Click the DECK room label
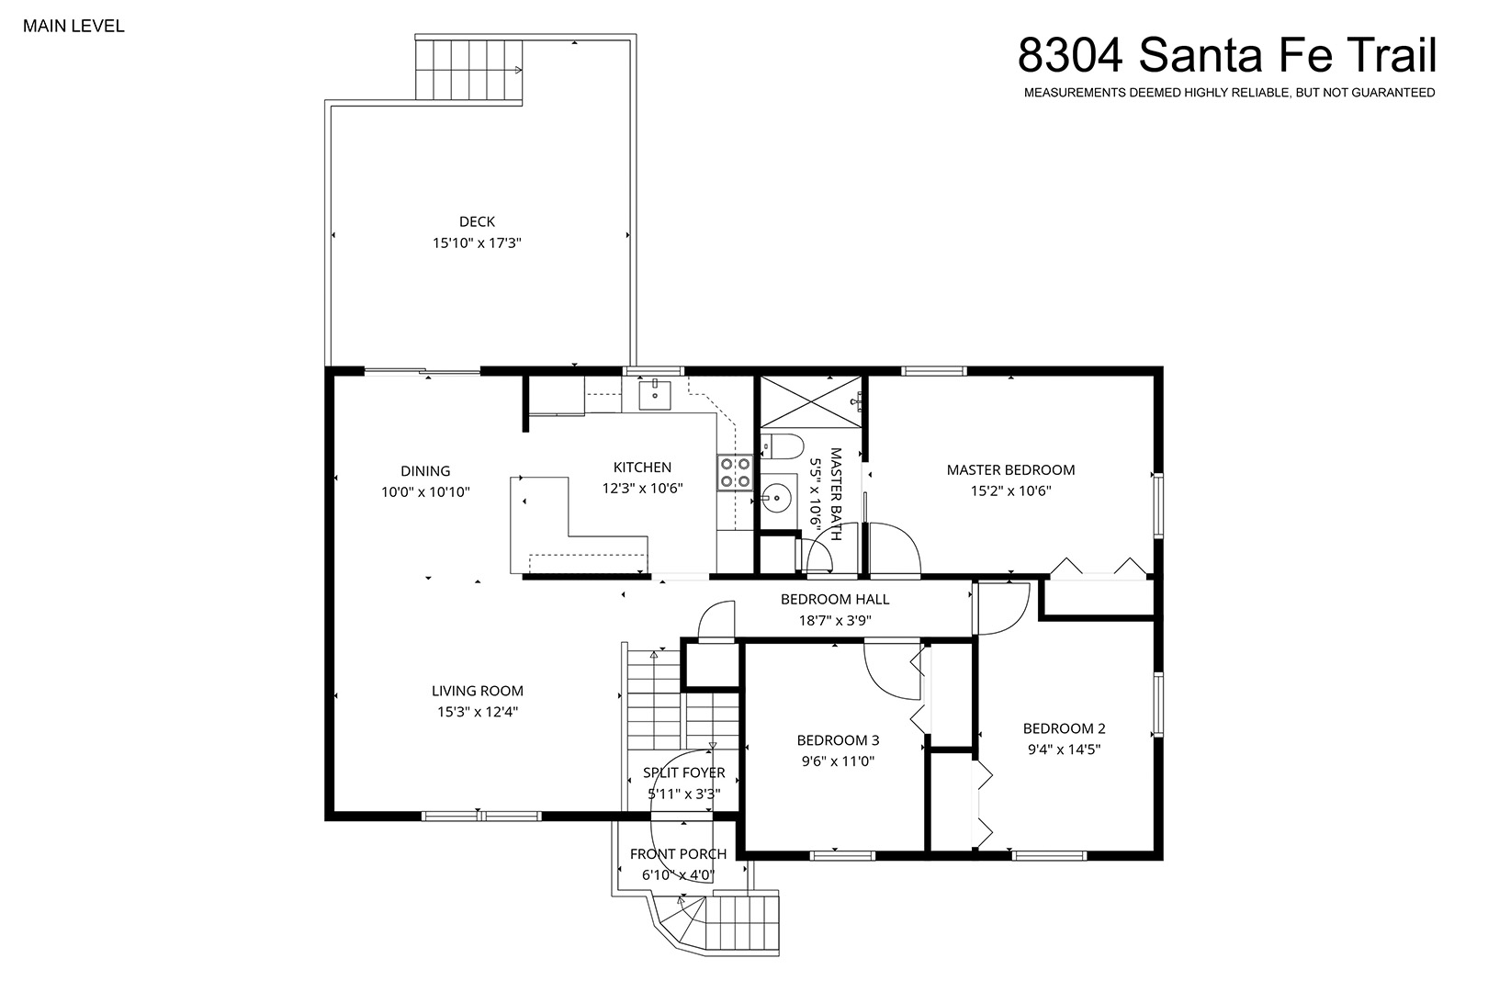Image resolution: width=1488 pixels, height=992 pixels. pyautogui.click(x=477, y=221)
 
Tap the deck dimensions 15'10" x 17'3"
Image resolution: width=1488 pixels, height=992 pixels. pyautogui.click(x=477, y=243)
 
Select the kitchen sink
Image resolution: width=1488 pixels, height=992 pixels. pyautogui.click(x=654, y=395)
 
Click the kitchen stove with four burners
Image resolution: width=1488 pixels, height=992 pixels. pyautogui.click(x=735, y=472)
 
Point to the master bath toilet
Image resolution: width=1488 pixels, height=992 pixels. pyautogui.click(x=782, y=445)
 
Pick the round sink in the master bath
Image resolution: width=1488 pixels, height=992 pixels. pyautogui.click(x=776, y=498)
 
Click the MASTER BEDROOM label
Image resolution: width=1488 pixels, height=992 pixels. pyautogui.click(x=1010, y=469)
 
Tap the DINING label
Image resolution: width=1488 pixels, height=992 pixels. pyautogui.click(x=425, y=471)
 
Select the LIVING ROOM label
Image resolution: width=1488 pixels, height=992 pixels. pyautogui.click(x=477, y=691)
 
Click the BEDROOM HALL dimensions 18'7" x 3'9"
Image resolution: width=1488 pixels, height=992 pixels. pyautogui.click(x=834, y=621)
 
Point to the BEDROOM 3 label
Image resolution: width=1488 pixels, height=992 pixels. pyautogui.click(x=838, y=740)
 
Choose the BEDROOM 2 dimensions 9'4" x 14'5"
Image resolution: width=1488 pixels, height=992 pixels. pyautogui.click(x=1064, y=750)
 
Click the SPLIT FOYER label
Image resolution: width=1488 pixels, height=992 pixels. pyautogui.click(x=683, y=772)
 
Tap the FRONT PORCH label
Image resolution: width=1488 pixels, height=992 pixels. pyautogui.click(x=678, y=854)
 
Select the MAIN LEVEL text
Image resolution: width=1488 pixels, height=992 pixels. pyautogui.click(x=73, y=26)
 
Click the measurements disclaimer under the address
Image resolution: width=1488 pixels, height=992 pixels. pyautogui.click(x=1230, y=93)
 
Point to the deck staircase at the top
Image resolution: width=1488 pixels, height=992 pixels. pyautogui.click(x=469, y=70)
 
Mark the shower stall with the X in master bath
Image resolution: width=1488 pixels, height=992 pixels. pyautogui.click(x=810, y=402)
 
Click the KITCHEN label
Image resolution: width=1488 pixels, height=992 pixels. pyautogui.click(x=642, y=468)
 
